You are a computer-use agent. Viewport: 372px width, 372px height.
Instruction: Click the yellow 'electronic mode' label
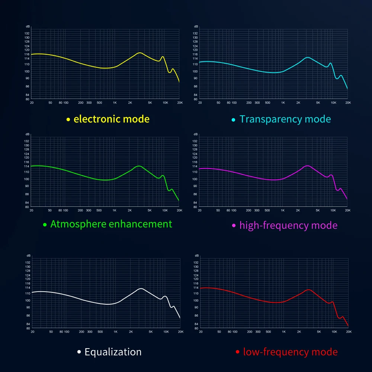[112, 119]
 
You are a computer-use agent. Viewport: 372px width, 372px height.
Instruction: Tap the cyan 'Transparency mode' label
[285, 119]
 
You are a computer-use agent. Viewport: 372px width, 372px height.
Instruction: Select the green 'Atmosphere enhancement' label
[111, 224]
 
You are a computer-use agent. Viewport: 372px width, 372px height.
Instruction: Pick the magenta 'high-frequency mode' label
[288, 225]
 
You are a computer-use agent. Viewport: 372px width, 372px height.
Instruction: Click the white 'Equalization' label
[113, 352]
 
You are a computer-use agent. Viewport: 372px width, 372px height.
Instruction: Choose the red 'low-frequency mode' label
[290, 352]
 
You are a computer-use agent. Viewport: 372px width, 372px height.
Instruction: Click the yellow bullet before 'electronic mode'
[68, 120]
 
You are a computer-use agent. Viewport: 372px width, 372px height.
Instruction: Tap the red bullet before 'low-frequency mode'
[237, 352]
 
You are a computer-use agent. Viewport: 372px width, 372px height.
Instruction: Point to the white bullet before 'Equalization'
[79, 352]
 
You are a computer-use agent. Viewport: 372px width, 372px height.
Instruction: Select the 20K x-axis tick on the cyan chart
[347, 102]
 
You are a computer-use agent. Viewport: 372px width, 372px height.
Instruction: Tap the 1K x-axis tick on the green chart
[114, 210]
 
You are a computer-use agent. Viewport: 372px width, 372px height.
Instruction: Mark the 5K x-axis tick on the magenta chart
[318, 210]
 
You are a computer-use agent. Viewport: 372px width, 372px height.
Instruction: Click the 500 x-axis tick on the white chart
[100, 331]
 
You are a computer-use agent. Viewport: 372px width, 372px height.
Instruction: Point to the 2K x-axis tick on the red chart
[299, 331]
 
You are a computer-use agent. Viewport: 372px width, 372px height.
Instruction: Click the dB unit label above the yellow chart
[28, 27]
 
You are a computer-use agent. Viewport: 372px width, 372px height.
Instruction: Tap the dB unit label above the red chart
[197, 256]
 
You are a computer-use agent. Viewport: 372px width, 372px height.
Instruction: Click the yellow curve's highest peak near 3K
[140, 53]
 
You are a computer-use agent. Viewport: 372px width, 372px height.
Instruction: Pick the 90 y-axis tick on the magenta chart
[195, 186]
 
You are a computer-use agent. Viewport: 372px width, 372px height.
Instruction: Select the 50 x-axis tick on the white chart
[51, 331]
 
